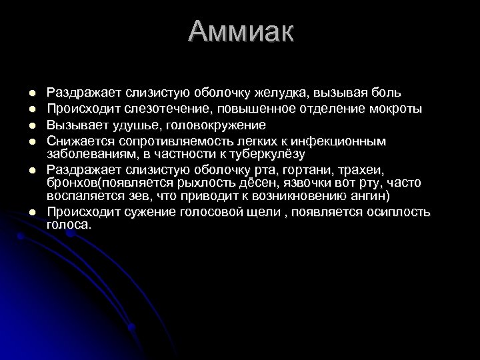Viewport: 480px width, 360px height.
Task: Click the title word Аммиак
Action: [240, 32]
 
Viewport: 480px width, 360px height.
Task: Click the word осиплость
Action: [399, 213]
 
